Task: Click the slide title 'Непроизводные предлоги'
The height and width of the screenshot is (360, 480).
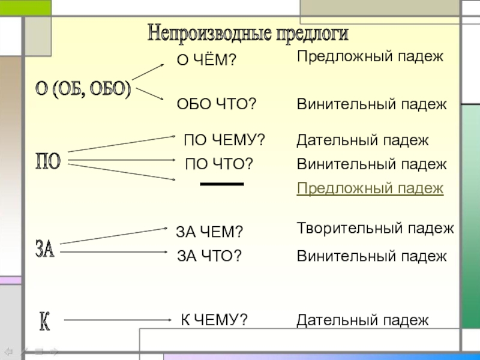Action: (x=248, y=33)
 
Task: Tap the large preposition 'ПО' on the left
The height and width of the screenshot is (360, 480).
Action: (x=49, y=161)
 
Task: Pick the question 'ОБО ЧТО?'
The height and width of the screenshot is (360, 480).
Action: (x=217, y=104)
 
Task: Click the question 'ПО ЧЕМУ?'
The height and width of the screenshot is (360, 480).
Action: (x=224, y=140)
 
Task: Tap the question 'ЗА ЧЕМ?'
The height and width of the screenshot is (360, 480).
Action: (x=209, y=232)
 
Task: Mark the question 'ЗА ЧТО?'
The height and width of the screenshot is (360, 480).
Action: (x=209, y=257)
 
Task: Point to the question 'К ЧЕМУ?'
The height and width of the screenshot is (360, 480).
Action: (x=215, y=320)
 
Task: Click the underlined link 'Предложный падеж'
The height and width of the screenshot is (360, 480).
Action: (x=370, y=188)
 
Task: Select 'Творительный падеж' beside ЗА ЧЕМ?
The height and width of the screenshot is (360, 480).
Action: (x=376, y=228)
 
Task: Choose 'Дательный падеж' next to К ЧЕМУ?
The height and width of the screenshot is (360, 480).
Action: (x=363, y=320)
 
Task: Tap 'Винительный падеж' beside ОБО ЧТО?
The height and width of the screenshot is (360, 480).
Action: (x=372, y=104)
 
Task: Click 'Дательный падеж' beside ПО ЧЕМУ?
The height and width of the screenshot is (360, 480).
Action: (x=363, y=140)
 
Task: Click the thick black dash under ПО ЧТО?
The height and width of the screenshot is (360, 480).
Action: (x=221, y=184)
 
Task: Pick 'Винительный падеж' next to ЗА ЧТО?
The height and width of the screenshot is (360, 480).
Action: (x=372, y=257)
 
